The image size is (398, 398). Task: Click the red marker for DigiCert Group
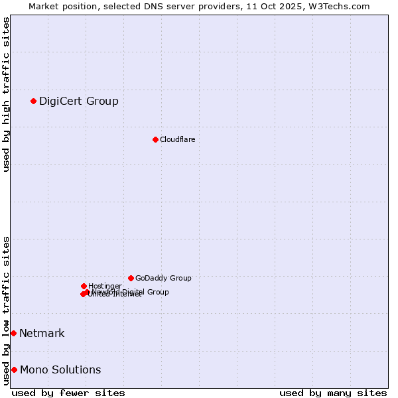pos(33,101)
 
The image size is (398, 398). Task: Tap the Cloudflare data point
pos(155,139)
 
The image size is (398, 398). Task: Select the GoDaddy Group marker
pos(131,278)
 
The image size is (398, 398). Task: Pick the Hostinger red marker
pos(84,286)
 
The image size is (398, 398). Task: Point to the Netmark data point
pos(13,333)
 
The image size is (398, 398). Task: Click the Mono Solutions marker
pos(14,369)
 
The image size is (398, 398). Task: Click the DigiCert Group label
pos(78,101)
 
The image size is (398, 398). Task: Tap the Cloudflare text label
pos(177,139)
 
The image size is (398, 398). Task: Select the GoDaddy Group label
pos(163,278)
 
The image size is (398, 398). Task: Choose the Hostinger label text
pos(105,286)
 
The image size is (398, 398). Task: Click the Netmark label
pos(42,333)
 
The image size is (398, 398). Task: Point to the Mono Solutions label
pos(60,369)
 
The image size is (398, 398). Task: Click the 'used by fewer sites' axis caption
pos(68,393)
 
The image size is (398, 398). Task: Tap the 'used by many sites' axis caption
pos(333,393)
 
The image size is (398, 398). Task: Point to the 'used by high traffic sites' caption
pos(6,94)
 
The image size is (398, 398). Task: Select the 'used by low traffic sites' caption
pos(6,310)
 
